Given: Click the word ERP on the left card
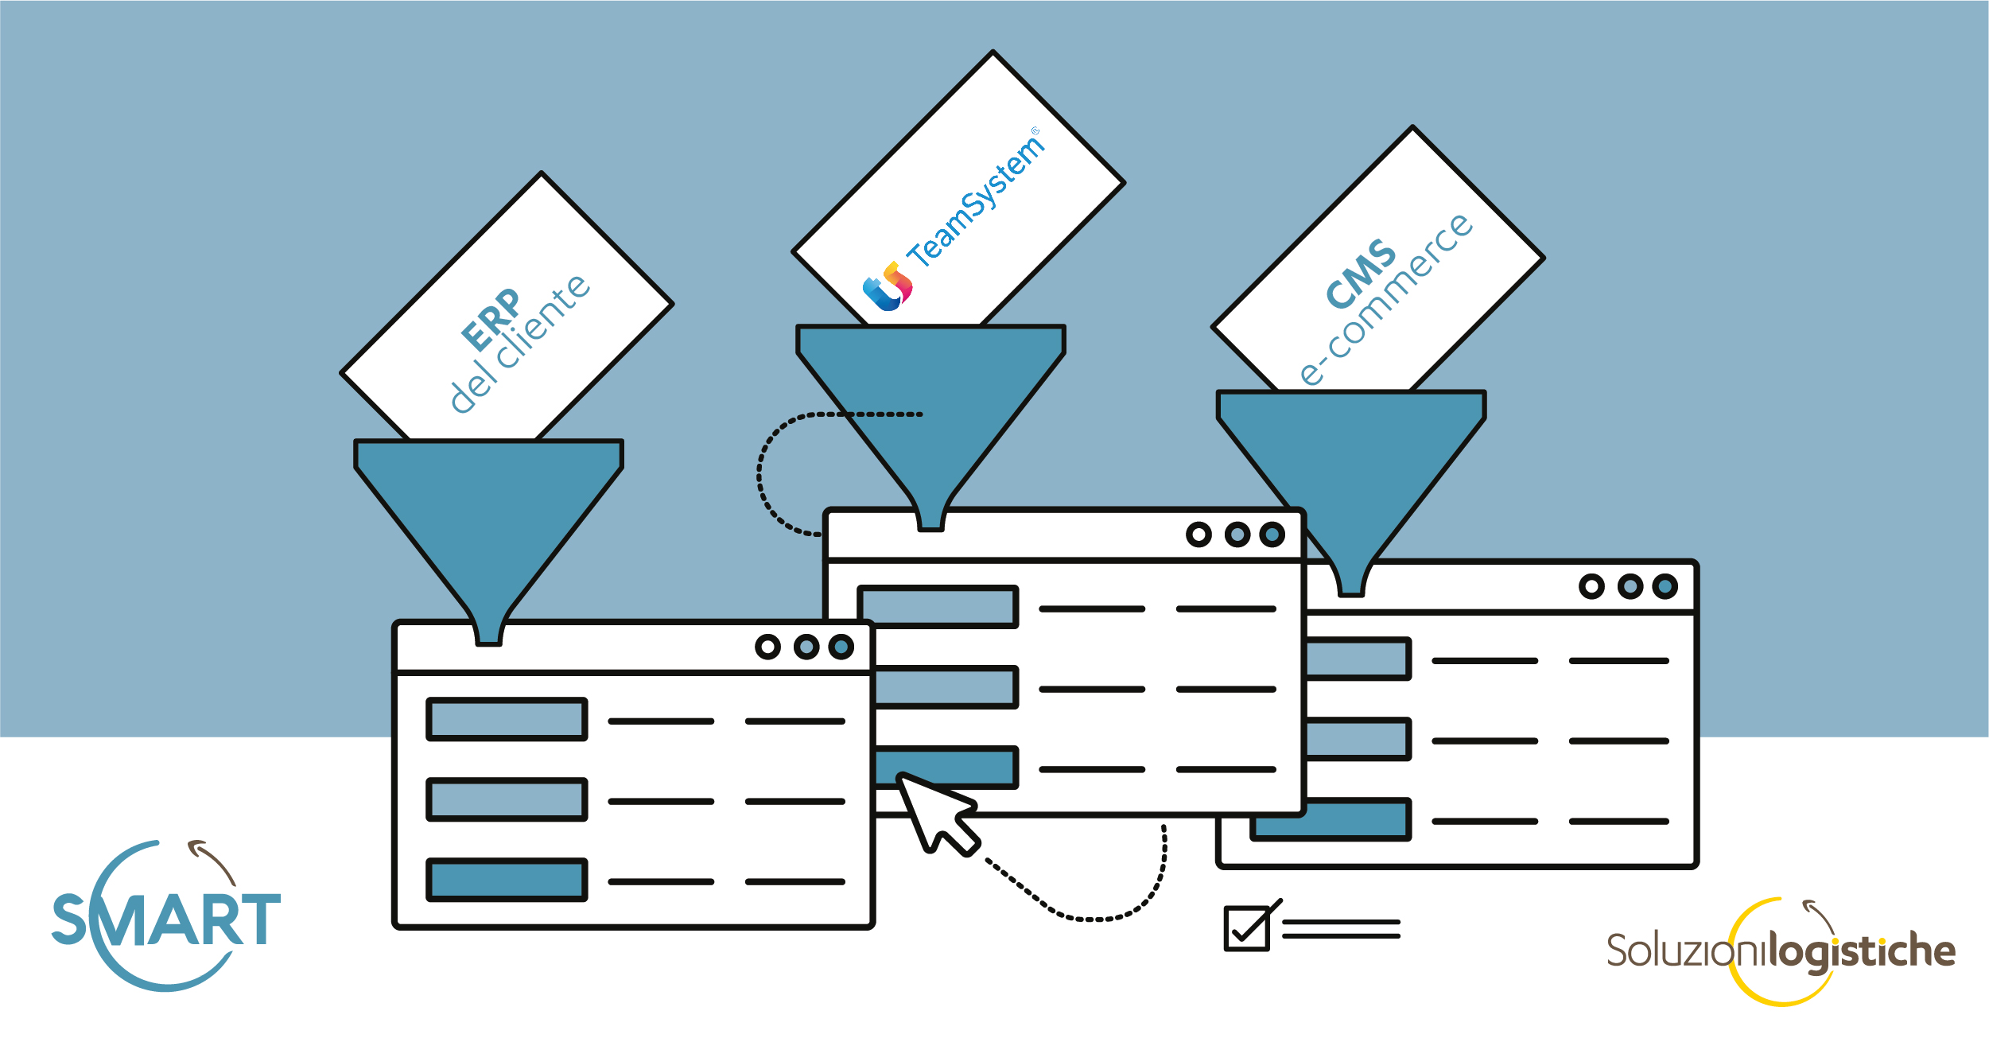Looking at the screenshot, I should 491,320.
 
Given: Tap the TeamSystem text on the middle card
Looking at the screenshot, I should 977,200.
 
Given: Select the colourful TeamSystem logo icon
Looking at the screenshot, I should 888,287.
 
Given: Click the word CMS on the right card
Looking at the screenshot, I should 1361,273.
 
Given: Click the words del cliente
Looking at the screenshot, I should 520,344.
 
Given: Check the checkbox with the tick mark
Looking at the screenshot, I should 1247,928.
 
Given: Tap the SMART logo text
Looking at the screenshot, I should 166,920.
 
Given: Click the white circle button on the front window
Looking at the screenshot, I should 767,647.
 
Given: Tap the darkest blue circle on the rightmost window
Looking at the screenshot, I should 1665,587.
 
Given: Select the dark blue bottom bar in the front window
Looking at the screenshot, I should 507,880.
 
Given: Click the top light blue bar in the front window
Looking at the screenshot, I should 507,719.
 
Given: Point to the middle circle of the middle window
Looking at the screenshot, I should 1237,535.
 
